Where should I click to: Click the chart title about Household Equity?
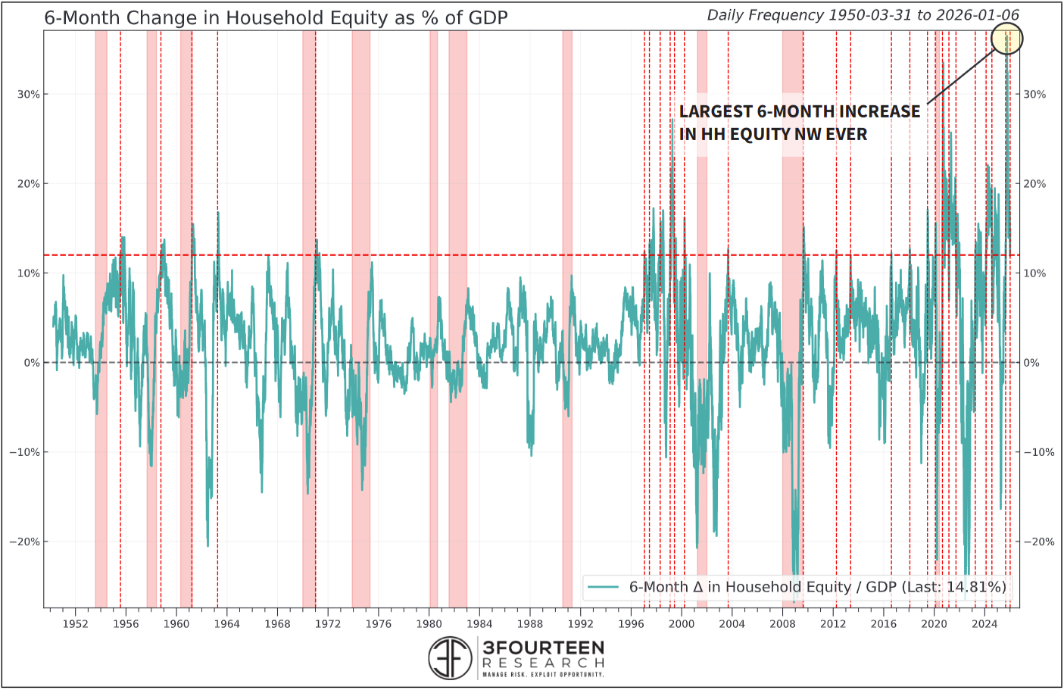(x=276, y=18)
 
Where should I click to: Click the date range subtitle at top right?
(x=863, y=15)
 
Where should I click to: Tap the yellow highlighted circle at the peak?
(x=1006, y=38)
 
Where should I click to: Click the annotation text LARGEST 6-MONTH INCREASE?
(x=799, y=111)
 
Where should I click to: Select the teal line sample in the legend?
(x=604, y=587)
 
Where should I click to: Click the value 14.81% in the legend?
(x=976, y=587)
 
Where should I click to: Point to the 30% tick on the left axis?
(x=29, y=95)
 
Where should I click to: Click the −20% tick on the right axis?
(x=1039, y=542)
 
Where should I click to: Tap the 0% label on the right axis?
(x=1031, y=363)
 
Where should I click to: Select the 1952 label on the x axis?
(x=75, y=624)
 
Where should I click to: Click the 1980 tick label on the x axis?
(x=429, y=624)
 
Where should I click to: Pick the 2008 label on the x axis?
(x=782, y=624)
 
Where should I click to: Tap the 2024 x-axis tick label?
(x=984, y=624)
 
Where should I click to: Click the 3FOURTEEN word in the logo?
(x=543, y=648)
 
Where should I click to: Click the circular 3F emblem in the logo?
(x=450, y=657)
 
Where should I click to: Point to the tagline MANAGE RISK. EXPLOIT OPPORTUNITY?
(x=543, y=674)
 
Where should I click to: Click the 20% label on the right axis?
(x=1034, y=184)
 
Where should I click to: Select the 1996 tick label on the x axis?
(x=631, y=624)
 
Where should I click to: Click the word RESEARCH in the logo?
(x=543, y=663)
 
